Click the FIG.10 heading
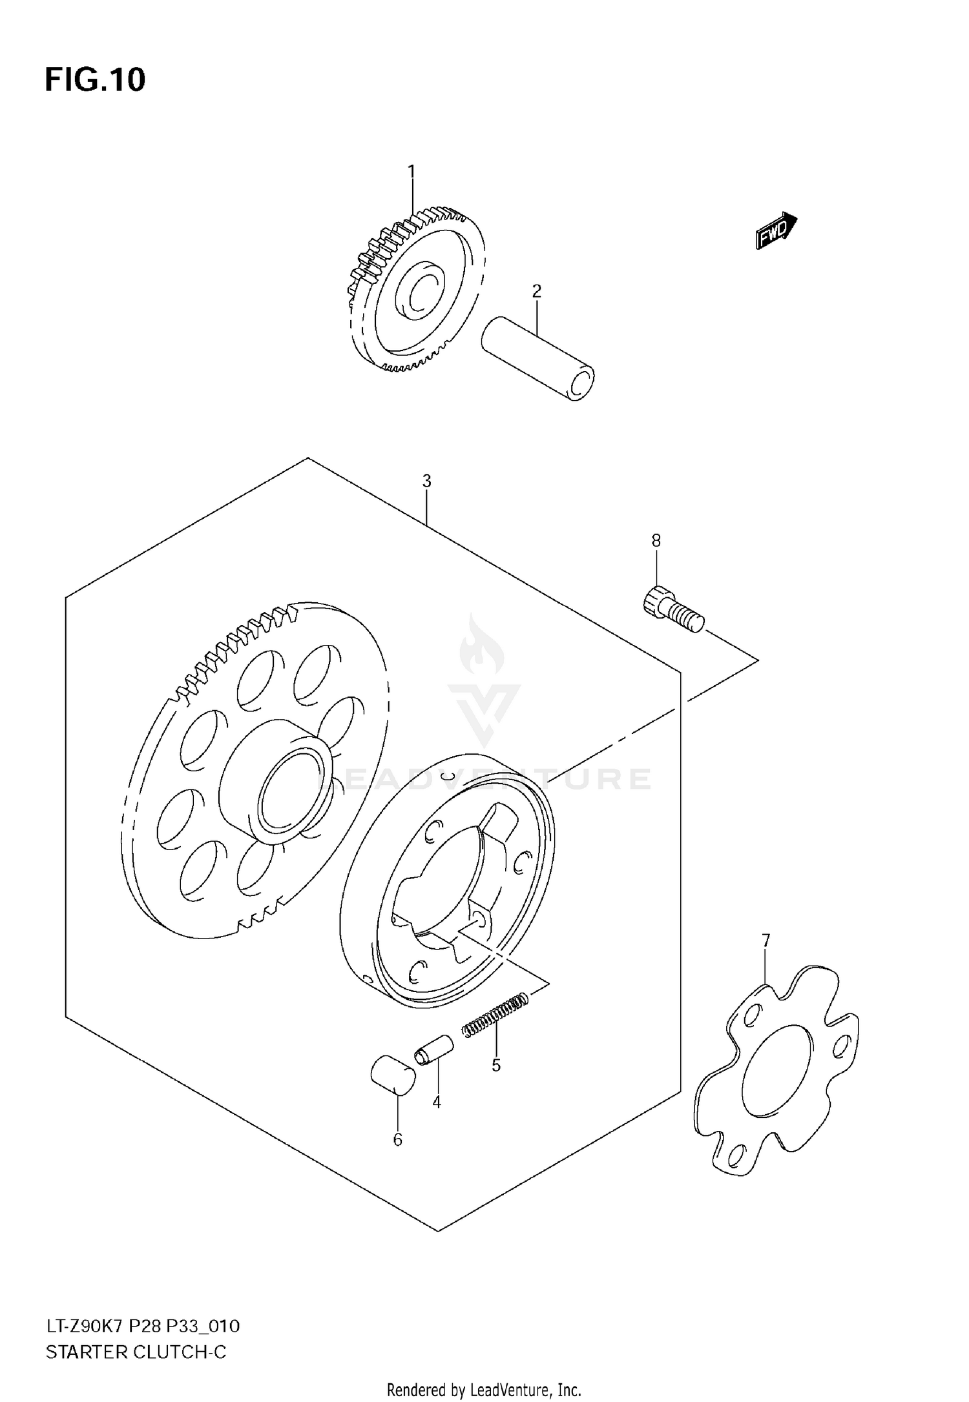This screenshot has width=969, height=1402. click(x=95, y=80)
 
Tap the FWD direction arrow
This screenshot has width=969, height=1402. click(x=776, y=230)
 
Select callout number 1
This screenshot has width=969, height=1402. click(x=412, y=172)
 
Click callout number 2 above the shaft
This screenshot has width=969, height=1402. click(x=536, y=291)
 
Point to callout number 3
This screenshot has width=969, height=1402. click(x=426, y=481)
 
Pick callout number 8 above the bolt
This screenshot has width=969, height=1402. click(x=656, y=541)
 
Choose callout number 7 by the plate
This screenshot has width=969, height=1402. click(x=766, y=940)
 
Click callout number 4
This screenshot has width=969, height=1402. click(x=437, y=1102)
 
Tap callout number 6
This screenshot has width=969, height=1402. click(x=397, y=1140)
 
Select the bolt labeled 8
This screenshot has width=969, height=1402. click(x=672, y=608)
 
